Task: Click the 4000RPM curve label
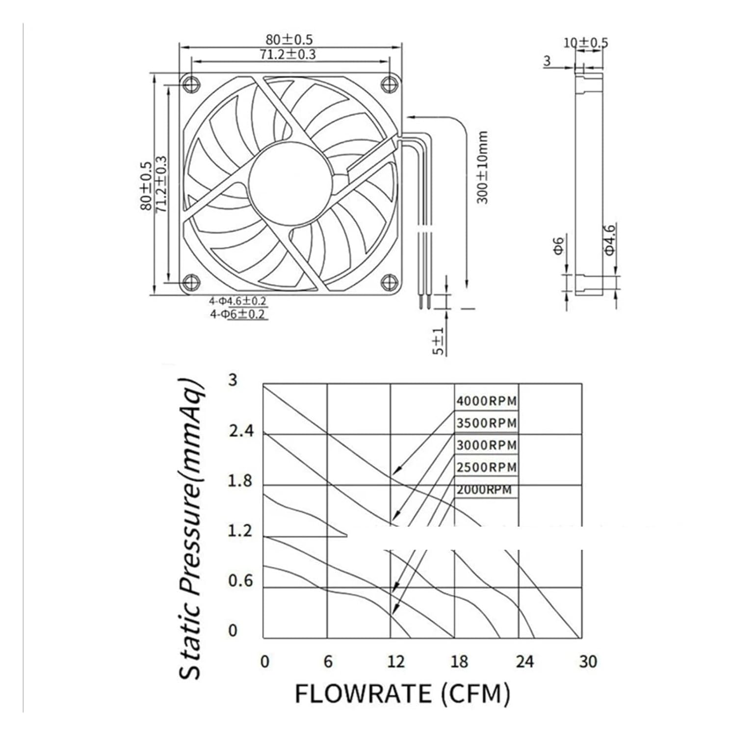tap(486, 401)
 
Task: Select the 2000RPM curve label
tap(484, 490)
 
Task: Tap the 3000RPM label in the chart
tap(486, 445)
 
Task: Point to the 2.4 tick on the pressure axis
tap(241, 431)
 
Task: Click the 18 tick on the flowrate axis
tap(459, 662)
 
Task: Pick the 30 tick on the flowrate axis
tap(588, 662)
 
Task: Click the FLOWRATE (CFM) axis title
tap(402, 694)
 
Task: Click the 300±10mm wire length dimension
tap(483, 167)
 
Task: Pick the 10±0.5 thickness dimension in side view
tap(585, 43)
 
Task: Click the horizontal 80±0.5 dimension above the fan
tap(289, 39)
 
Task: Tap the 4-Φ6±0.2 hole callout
tap(238, 314)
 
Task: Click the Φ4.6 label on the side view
tap(609, 239)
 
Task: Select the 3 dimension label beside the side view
tap(547, 61)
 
